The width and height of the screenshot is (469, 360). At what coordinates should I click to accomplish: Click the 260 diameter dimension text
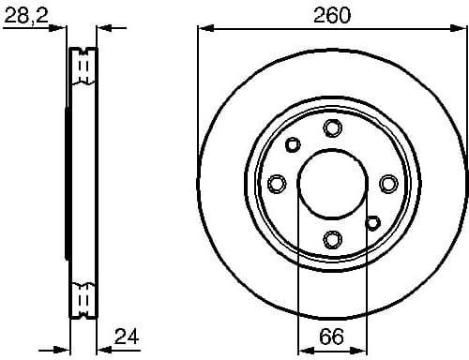coord(333,14)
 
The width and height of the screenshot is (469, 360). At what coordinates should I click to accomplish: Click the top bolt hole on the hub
coord(332,128)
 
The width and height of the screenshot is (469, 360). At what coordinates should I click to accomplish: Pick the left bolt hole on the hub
coord(277,184)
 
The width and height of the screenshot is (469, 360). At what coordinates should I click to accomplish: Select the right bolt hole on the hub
coord(388,184)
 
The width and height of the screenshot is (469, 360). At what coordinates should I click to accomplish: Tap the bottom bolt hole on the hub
coord(332,239)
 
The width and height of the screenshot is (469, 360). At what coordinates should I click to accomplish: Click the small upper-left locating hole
coord(293,144)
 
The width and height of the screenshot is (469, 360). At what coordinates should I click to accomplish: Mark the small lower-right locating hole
coord(372,223)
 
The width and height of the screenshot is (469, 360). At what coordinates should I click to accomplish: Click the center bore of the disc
coord(332,184)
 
